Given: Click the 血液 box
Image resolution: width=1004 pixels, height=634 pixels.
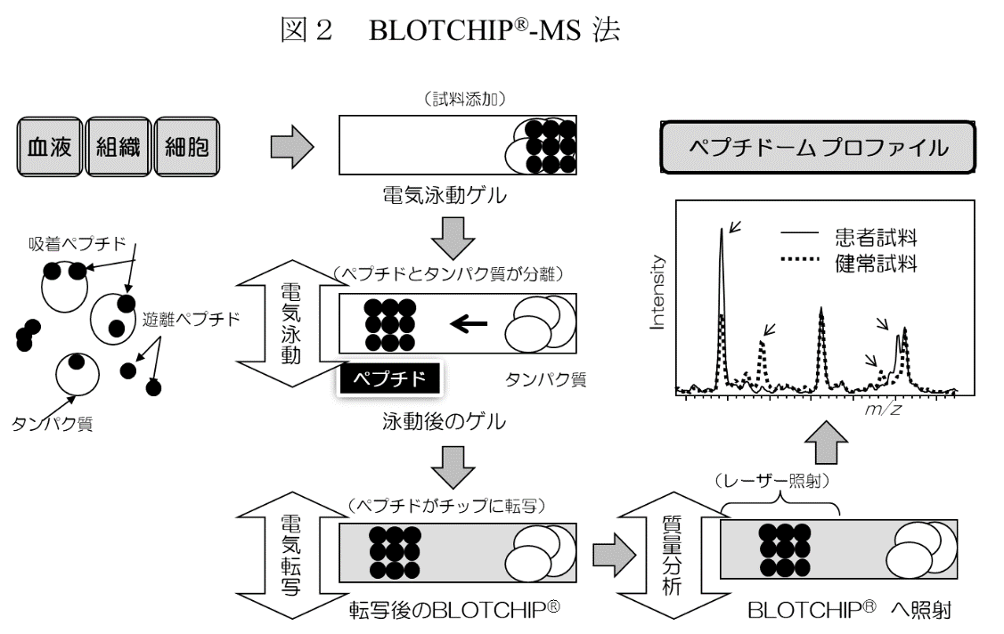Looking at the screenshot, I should point(50,146).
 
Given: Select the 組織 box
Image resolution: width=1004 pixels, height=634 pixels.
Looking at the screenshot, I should point(118,146).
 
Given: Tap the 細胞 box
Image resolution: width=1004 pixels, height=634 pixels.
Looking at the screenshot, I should point(187,146).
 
